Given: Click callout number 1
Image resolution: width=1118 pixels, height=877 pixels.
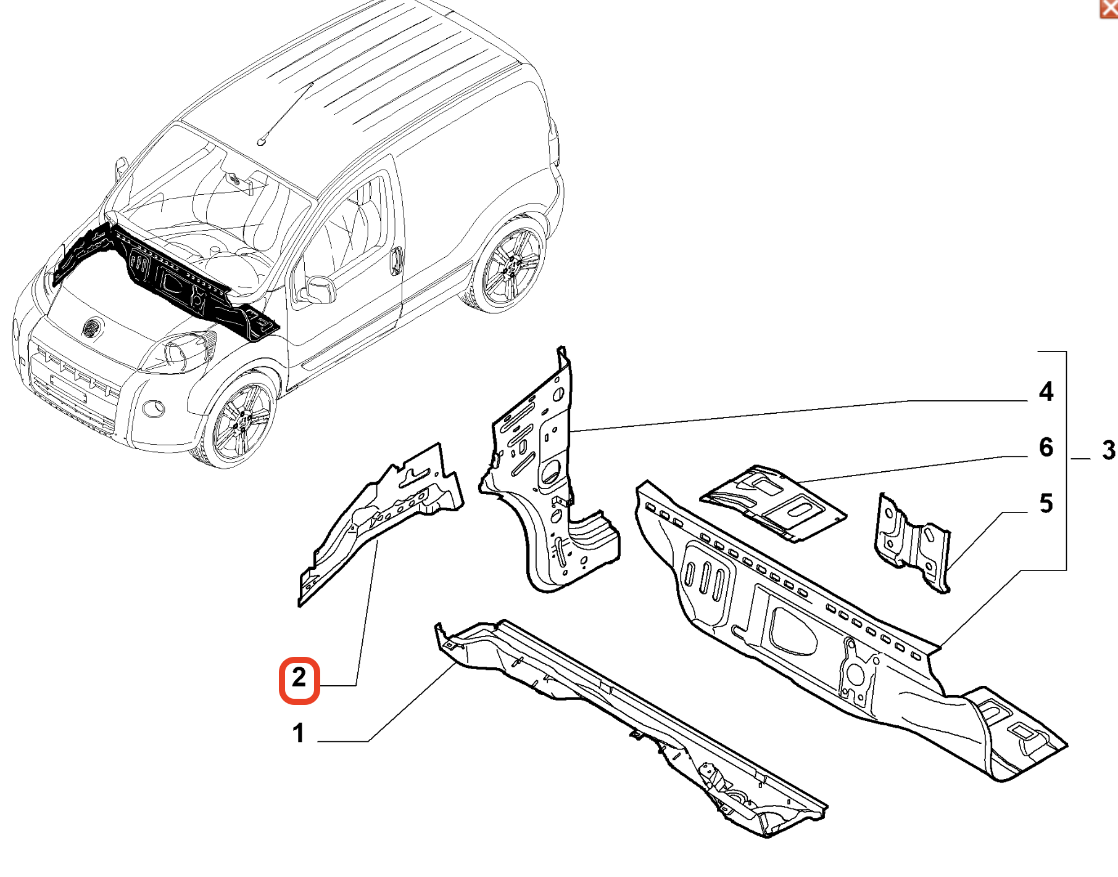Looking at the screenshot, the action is pos(299,733).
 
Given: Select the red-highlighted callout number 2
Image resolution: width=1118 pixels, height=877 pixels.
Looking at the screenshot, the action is pos(299,678).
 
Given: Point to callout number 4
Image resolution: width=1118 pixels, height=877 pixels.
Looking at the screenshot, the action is pos(1046,392).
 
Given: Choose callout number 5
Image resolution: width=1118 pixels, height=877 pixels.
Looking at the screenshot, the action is pos(1046,503).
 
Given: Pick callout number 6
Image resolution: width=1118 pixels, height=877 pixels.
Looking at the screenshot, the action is pos(1046,447).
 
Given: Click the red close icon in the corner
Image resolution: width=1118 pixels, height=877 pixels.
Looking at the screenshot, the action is pos(1109,9).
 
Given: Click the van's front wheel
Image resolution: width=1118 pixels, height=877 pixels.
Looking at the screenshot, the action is pos(239,421).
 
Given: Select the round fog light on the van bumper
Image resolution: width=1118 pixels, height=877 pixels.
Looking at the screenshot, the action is pos(153,408).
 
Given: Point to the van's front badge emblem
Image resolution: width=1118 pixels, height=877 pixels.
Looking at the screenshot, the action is pos(92,327).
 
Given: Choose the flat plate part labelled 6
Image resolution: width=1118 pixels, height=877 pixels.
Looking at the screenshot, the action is pos(773,503).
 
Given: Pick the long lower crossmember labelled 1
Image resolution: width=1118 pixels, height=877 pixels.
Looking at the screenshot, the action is pos(629,728).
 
